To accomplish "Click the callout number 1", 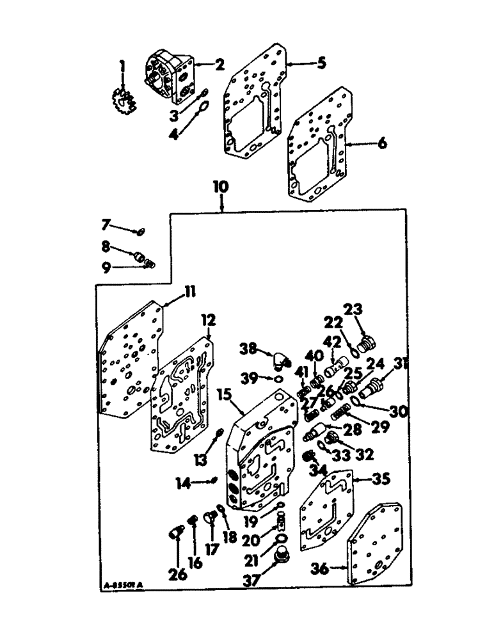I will coord(122,66).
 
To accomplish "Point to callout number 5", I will coord(321,63).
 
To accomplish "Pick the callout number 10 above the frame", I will coord(220,187).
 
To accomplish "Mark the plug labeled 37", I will coord(280,559).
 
